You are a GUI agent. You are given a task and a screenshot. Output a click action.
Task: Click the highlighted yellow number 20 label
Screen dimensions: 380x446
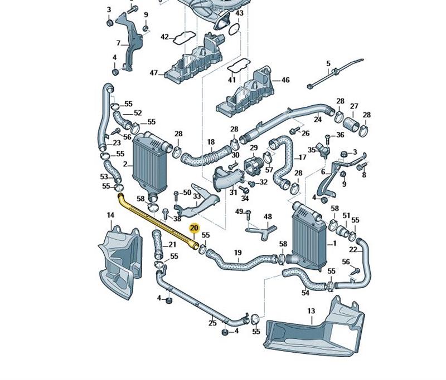194,228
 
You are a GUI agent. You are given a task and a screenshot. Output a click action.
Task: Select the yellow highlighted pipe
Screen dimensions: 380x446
156,219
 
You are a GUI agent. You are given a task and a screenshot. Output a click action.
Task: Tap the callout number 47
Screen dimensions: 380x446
154,73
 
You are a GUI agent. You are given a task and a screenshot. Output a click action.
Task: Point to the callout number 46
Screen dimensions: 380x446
285,80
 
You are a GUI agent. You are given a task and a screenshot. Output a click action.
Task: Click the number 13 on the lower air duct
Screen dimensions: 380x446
311,312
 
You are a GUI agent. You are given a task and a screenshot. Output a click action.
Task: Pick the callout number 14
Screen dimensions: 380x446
110,215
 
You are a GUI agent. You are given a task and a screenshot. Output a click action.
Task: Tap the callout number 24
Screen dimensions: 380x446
318,119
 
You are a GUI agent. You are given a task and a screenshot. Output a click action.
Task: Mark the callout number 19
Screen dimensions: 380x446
237,253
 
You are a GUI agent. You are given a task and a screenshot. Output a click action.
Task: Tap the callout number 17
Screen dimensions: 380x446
303,157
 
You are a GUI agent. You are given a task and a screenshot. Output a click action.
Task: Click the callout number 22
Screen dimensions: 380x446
353,250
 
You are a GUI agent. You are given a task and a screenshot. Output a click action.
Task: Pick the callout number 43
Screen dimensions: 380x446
239,13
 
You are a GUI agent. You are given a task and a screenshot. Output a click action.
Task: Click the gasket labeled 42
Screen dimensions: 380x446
181,38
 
